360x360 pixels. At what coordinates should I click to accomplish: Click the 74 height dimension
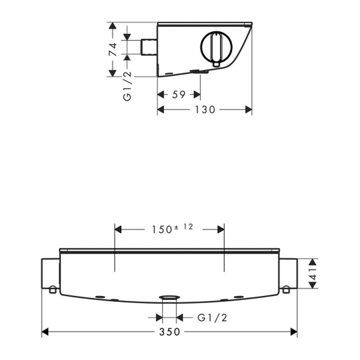click(113, 49)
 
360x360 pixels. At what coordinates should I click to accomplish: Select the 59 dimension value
click(179, 94)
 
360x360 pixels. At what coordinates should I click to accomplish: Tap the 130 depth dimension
click(205, 110)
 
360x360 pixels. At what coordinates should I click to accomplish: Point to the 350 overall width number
click(170, 332)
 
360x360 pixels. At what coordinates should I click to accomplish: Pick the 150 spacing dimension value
click(162, 229)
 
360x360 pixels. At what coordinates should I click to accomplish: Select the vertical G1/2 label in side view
click(127, 86)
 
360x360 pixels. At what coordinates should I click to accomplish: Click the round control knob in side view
click(216, 46)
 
